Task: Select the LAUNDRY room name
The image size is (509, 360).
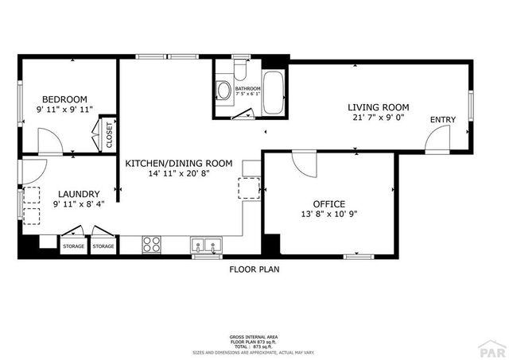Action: (77, 194)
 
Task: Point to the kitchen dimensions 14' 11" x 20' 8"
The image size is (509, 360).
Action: (178, 174)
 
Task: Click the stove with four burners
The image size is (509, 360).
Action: (151, 245)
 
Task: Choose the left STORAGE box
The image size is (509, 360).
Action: (73, 246)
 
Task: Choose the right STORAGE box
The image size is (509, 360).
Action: (103, 246)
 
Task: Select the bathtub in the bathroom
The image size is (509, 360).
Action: (275, 94)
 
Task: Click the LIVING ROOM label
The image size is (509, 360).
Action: (378, 107)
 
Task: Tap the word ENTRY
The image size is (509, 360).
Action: (443, 120)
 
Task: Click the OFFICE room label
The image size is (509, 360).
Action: (328, 203)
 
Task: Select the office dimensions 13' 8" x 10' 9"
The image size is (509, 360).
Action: (328, 215)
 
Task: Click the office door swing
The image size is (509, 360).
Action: (303, 165)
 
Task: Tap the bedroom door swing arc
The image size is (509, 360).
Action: (49, 142)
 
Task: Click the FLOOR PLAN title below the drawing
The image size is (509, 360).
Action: (254, 269)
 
